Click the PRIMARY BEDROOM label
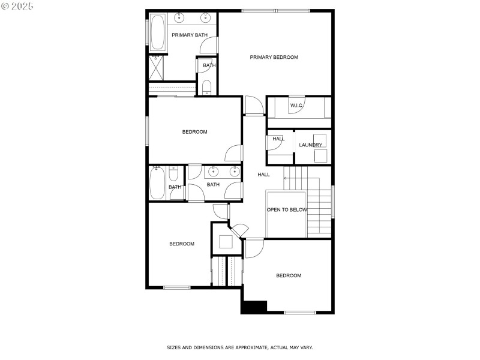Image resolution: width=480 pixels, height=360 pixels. coord(274,57)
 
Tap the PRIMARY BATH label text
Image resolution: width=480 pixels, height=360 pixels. coord(189,35)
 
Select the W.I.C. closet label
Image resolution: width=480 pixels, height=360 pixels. coord(296,106)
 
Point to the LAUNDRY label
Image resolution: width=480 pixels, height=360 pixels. coord(311,145)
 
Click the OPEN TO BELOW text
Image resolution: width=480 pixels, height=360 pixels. coord(287,209)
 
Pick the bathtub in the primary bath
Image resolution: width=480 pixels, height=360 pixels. coord(158,32)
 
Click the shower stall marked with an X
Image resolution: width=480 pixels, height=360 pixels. coord(157,68)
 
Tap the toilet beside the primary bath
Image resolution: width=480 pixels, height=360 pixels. coord(207,88)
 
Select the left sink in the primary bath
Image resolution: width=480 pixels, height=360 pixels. coord(179,16)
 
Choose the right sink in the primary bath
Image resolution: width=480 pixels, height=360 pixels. coord(206,16)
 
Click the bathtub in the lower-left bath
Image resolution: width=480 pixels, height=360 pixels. coord(157,182)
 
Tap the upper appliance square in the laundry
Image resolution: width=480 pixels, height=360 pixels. coord(320,140)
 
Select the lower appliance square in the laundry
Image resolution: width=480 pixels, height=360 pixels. coord(320,155)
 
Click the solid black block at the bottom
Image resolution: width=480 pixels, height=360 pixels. coord(254,306)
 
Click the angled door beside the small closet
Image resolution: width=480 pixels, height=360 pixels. coord(240,230)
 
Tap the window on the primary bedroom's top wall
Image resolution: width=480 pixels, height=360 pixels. coord(276,10)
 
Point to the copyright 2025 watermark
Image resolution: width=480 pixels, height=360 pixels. coord(18,5)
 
